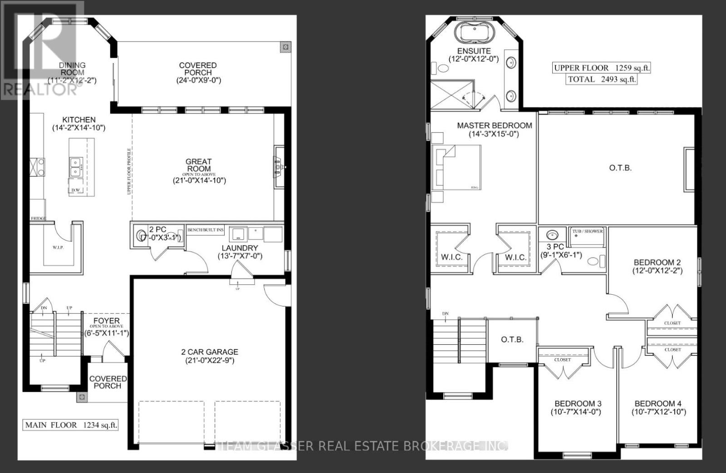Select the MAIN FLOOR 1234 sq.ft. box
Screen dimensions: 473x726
pos(71,425)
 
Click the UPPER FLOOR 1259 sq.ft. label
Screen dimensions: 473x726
pos(602,68)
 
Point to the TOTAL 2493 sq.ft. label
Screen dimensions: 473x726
pos(602,79)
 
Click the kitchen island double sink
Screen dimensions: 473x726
pos(76,167)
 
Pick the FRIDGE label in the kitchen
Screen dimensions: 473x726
pos(38,219)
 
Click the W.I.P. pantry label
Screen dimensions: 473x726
pos(58,248)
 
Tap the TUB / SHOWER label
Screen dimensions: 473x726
pos(588,231)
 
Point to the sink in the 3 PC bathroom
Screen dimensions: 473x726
pos(552,235)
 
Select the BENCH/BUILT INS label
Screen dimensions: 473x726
pos(206,230)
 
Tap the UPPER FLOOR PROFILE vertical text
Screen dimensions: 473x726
pos(129,171)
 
